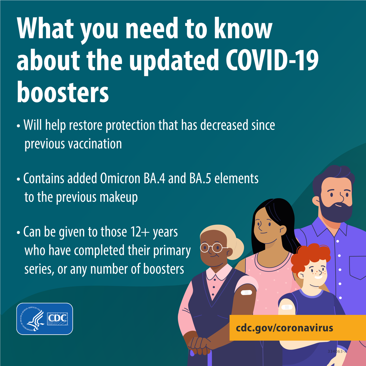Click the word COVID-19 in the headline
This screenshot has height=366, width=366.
click(272, 60)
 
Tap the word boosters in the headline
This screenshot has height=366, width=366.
click(63, 92)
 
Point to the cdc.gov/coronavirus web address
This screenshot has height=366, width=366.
click(284, 328)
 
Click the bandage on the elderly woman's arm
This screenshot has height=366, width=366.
click(246, 292)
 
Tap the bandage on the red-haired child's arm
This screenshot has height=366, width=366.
click(287, 307)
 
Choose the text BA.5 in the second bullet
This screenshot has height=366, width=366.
click(200, 178)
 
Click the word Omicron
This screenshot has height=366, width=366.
click(120, 178)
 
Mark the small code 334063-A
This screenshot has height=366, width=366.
click(337, 351)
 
